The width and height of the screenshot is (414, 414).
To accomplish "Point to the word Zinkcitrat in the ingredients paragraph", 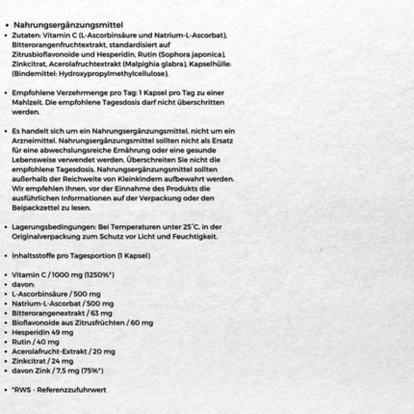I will pyautogui.click(x=26, y=64).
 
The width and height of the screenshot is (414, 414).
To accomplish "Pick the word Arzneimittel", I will pyautogui.click(x=33, y=140).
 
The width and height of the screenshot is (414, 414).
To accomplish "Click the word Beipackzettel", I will pyautogui.click(x=34, y=208).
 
